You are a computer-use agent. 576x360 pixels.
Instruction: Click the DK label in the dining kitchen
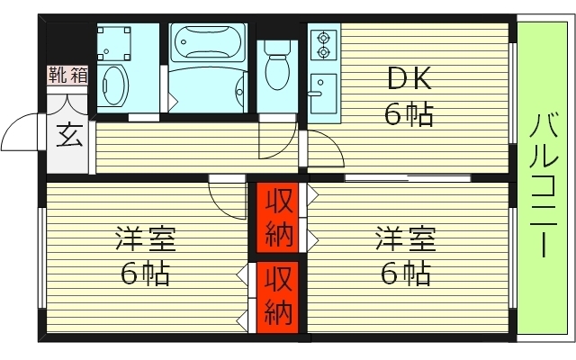(409, 80)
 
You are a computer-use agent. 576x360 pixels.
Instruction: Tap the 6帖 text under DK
(409, 113)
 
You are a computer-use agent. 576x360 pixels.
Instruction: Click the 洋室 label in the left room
(145, 240)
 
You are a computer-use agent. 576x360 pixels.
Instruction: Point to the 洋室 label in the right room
(406, 240)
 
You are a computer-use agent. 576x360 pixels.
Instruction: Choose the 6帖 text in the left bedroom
(145, 273)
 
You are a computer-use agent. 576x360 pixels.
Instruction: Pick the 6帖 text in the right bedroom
(406, 273)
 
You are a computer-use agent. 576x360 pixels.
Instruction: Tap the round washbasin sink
(114, 85)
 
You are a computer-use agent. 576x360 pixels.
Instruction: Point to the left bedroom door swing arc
(227, 196)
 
